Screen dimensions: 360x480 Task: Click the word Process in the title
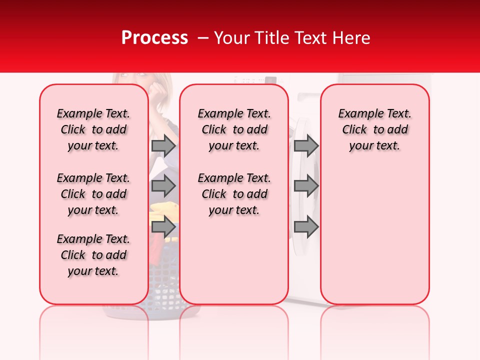click(154, 38)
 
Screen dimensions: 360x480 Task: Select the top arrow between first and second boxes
click(163, 145)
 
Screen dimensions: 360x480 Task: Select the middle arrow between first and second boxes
click(163, 186)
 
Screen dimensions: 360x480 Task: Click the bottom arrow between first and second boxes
click(163, 226)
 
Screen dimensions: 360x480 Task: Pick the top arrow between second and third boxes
click(306, 145)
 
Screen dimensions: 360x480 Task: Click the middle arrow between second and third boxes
click(306, 186)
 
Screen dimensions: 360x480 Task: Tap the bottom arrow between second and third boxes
click(306, 226)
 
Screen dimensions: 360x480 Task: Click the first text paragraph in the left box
click(93, 129)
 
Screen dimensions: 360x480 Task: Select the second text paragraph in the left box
click(93, 194)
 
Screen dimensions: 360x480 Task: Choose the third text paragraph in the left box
click(93, 255)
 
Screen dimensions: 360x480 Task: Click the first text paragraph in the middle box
click(234, 129)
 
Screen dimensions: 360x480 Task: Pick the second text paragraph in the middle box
click(234, 194)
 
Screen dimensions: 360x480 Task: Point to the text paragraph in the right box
click(374, 129)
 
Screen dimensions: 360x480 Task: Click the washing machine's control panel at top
click(255, 79)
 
